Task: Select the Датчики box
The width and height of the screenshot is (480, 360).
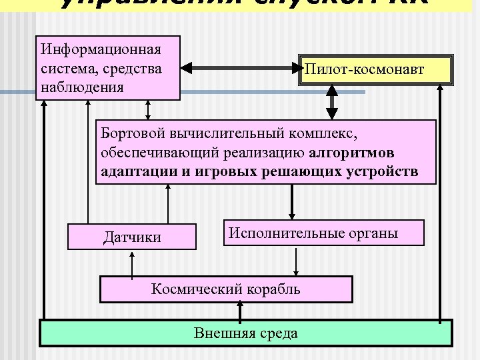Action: pos(132,237)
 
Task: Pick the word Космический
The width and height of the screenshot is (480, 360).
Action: pos(192,289)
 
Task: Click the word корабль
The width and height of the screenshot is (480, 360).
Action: pos(271,289)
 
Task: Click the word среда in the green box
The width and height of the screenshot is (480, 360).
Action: pos(279,333)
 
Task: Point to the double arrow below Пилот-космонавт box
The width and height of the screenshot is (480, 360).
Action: pos(331,103)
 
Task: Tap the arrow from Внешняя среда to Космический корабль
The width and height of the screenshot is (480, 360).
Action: pos(239,311)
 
